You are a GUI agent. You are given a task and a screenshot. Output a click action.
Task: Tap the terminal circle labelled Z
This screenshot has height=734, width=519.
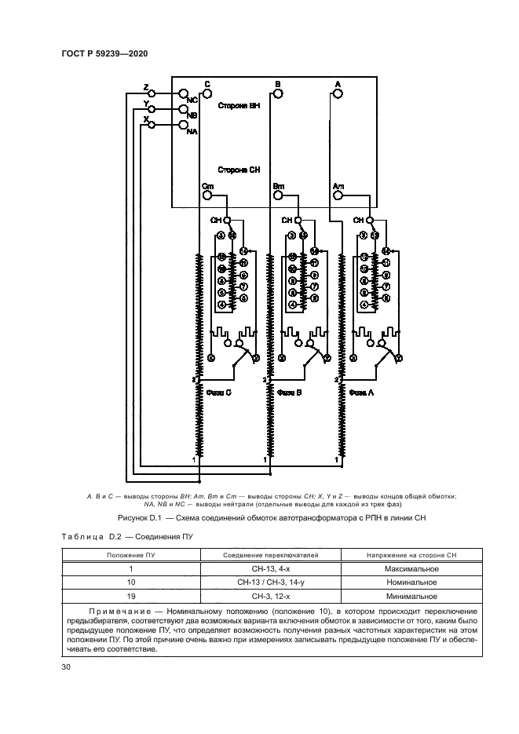(152, 93)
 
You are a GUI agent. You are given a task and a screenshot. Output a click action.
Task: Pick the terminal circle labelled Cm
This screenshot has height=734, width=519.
(207, 195)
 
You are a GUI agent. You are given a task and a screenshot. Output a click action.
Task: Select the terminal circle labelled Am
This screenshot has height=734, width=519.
(338, 195)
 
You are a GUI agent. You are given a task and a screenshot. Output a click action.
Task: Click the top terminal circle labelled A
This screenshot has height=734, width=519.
(338, 93)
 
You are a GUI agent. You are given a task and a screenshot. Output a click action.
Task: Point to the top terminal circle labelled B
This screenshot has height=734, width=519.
(277, 93)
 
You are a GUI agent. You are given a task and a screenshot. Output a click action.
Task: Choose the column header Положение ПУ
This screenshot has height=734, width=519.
(131, 555)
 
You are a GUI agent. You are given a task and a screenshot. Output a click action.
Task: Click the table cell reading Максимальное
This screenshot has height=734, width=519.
(411, 568)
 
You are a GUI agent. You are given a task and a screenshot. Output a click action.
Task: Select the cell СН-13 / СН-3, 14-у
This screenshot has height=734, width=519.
(271, 582)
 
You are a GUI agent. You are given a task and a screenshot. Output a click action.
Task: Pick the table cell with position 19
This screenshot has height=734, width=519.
(131, 597)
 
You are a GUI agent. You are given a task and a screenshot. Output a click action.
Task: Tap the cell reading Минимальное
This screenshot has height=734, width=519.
(411, 597)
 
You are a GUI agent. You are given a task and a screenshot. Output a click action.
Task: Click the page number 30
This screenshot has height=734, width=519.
(66, 667)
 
